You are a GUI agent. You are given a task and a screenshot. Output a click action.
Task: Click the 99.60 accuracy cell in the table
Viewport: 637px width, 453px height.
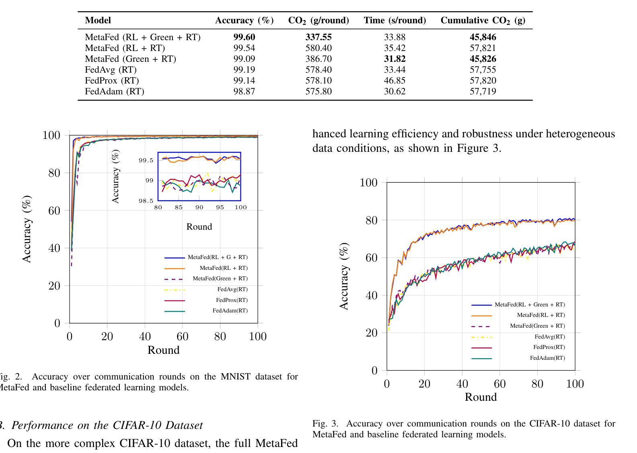pyautogui.click(x=244, y=37)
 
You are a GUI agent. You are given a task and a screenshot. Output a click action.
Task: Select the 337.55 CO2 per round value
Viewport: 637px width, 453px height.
pyautogui.click(x=318, y=37)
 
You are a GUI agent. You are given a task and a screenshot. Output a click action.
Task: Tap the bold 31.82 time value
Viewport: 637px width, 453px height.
pyautogui.click(x=395, y=59)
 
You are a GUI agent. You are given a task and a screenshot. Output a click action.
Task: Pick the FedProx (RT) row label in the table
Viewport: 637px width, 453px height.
pyautogui.click(x=112, y=81)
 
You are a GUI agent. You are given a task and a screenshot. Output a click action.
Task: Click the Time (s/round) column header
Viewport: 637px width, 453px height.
pyautogui.click(x=395, y=20)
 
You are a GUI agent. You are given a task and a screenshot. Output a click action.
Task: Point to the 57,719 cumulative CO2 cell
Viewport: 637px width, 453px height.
pyautogui.click(x=483, y=92)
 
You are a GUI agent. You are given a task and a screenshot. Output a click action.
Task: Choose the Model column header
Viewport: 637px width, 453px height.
pyautogui.click(x=98, y=20)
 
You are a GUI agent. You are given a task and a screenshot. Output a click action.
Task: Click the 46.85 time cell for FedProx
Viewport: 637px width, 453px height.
pyautogui.click(x=395, y=81)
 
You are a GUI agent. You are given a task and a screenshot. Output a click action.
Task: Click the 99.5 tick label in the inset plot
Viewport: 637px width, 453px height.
pyautogui.click(x=146, y=161)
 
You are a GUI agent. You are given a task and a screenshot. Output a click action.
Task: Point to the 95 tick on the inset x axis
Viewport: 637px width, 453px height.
pyautogui.click(x=220, y=208)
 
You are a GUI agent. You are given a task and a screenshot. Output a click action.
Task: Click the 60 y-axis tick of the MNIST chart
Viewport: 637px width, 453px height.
pyautogui.click(x=54, y=210)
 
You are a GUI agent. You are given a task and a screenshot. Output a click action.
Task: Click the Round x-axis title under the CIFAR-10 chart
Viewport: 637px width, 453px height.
pyautogui.click(x=481, y=397)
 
